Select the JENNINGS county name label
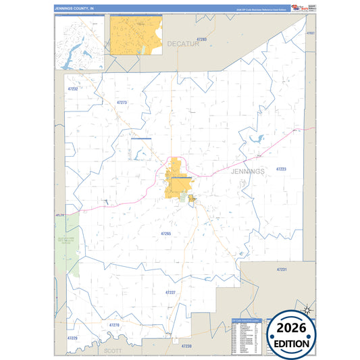(247, 172)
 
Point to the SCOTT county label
(113, 351)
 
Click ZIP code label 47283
(201, 40)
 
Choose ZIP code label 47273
(121, 102)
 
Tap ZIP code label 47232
(73, 88)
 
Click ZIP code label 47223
(281, 169)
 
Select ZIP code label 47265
(166, 233)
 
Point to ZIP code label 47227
(170, 292)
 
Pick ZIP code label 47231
(282, 269)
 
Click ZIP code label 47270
(114, 325)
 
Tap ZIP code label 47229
(72, 337)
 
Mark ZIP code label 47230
(186, 346)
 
